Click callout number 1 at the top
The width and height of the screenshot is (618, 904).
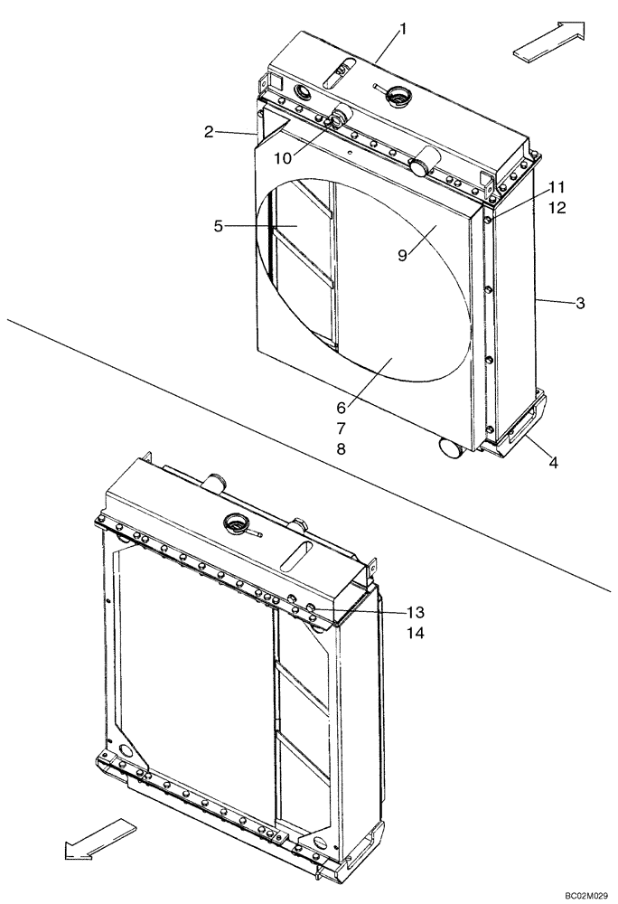(403, 29)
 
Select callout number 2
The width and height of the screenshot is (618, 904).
(209, 132)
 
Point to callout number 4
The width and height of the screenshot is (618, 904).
(553, 463)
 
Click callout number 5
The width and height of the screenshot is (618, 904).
(218, 226)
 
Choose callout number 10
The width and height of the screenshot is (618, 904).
(283, 157)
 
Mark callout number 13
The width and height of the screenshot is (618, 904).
(415, 613)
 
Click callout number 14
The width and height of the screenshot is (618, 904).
(415, 634)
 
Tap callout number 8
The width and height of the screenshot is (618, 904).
(340, 448)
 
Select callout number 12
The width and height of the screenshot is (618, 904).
(557, 208)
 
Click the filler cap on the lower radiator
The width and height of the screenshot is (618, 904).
(236, 523)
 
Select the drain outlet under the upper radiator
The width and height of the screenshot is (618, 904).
(450, 446)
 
